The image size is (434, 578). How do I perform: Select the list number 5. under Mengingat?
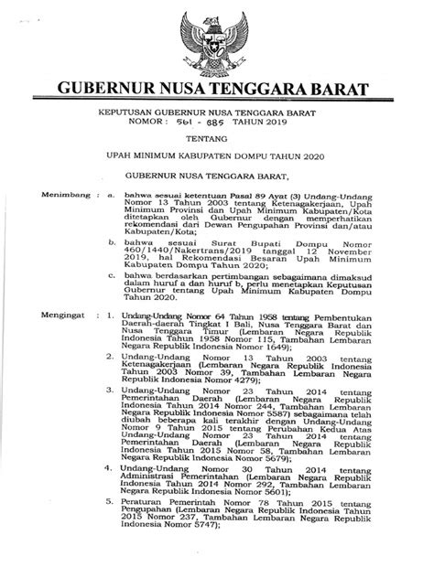110,527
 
